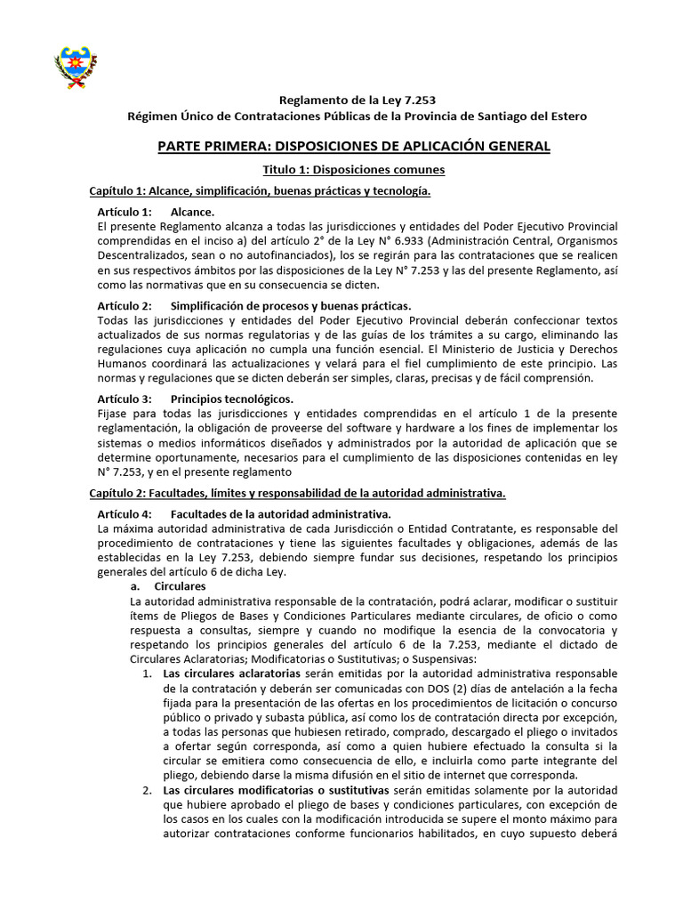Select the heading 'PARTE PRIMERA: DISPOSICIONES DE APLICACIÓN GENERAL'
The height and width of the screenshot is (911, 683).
[354, 146]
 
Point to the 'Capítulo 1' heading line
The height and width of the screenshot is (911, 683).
[261, 191]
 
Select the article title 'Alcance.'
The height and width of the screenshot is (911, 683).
[192, 213]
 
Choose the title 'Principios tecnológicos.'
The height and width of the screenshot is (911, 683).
[232, 399]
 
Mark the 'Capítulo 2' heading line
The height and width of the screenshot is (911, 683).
[298, 492]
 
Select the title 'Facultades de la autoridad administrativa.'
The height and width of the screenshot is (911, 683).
[280, 513]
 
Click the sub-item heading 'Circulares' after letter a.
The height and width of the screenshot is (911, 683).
[180, 587]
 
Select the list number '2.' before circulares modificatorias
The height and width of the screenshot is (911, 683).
[148, 790]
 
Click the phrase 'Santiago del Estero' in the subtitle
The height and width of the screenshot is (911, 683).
[527, 117]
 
